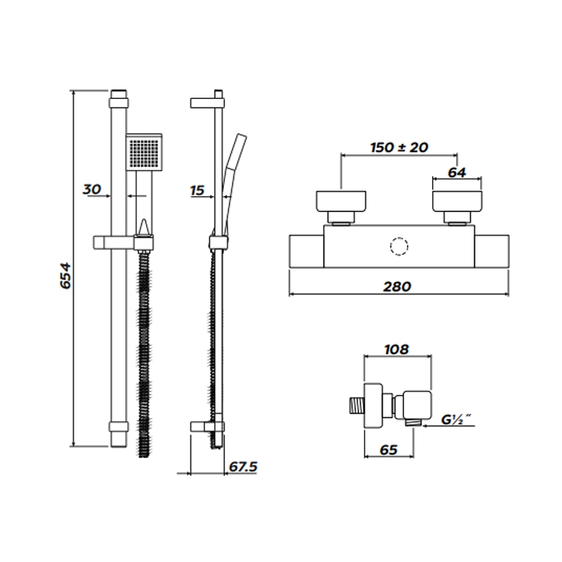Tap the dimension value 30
[93, 189]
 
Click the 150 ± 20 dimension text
[399, 148]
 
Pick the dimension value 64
[458, 173]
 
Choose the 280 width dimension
[399, 287]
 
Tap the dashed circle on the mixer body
[398, 248]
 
